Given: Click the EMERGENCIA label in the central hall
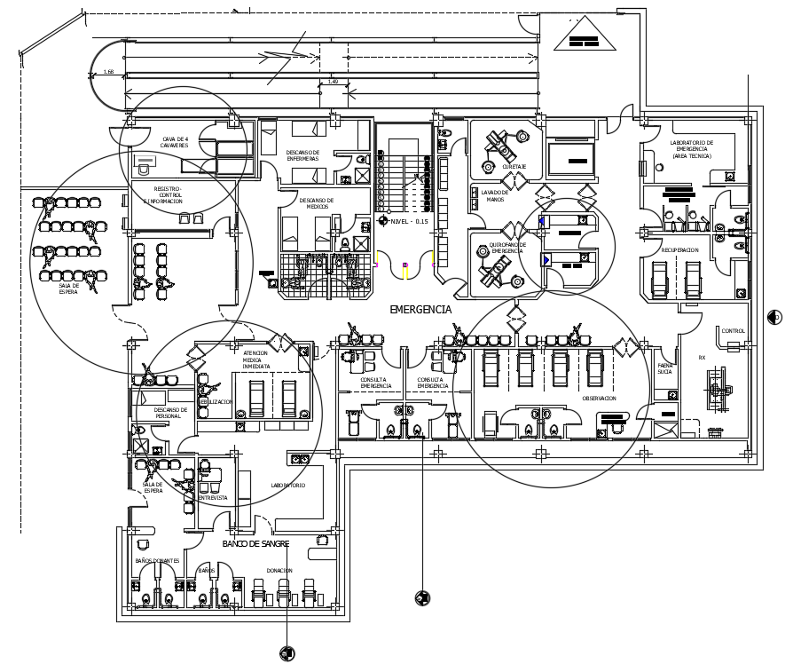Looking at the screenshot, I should (x=421, y=310).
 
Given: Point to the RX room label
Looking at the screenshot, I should (x=702, y=358).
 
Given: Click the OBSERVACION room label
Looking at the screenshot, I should (x=599, y=399).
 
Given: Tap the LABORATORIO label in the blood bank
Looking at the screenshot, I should (x=288, y=486).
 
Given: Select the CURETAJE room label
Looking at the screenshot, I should (x=514, y=166).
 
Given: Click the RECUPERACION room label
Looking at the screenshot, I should (x=679, y=250).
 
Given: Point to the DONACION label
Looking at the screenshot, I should (x=280, y=571).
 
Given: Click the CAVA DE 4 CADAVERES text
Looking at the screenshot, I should (x=175, y=142).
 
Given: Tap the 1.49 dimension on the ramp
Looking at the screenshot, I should (x=333, y=82).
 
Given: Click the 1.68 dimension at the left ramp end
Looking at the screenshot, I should (x=108, y=72).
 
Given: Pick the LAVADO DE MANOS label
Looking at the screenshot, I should (x=495, y=195).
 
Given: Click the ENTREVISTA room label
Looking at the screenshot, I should (x=212, y=498).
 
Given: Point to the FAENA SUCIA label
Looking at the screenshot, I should (x=665, y=368).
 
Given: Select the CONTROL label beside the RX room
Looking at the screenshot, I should (x=734, y=331).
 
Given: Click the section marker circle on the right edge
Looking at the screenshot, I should (x=774, y=317).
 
